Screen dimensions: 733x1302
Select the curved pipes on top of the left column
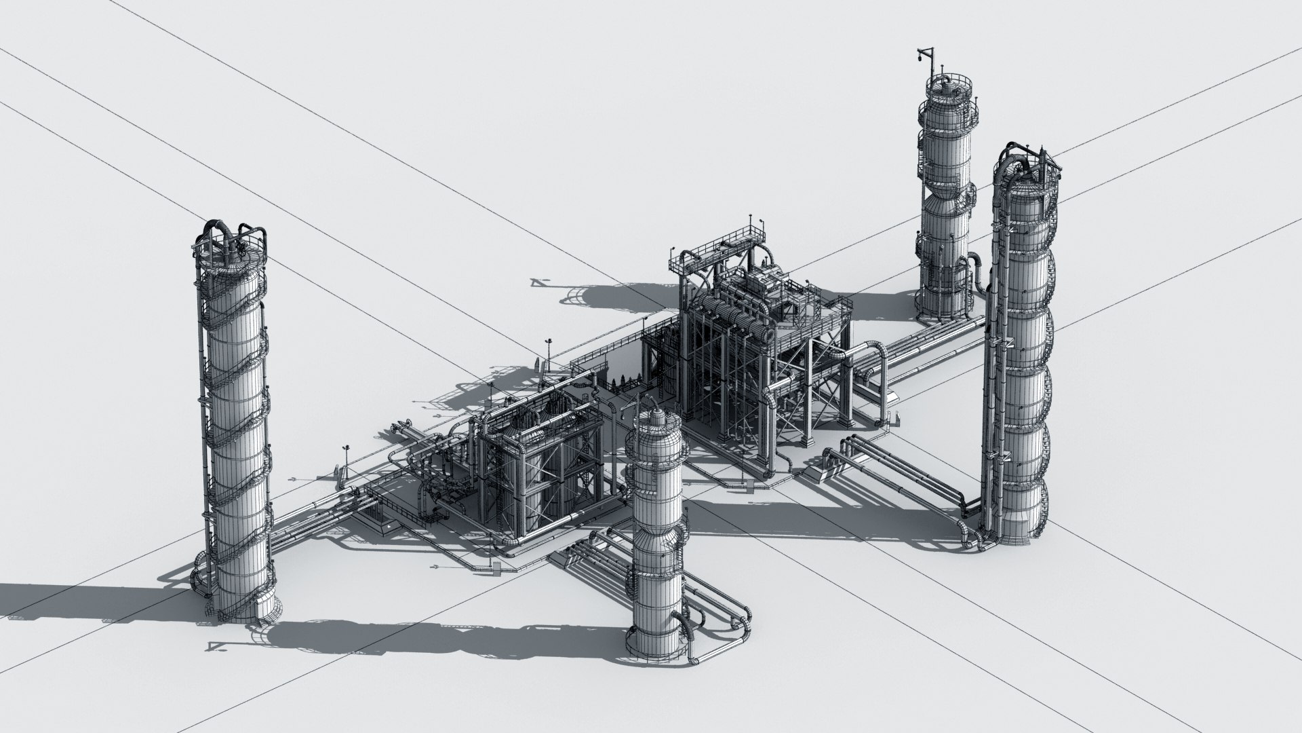(x=231, y=234)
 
